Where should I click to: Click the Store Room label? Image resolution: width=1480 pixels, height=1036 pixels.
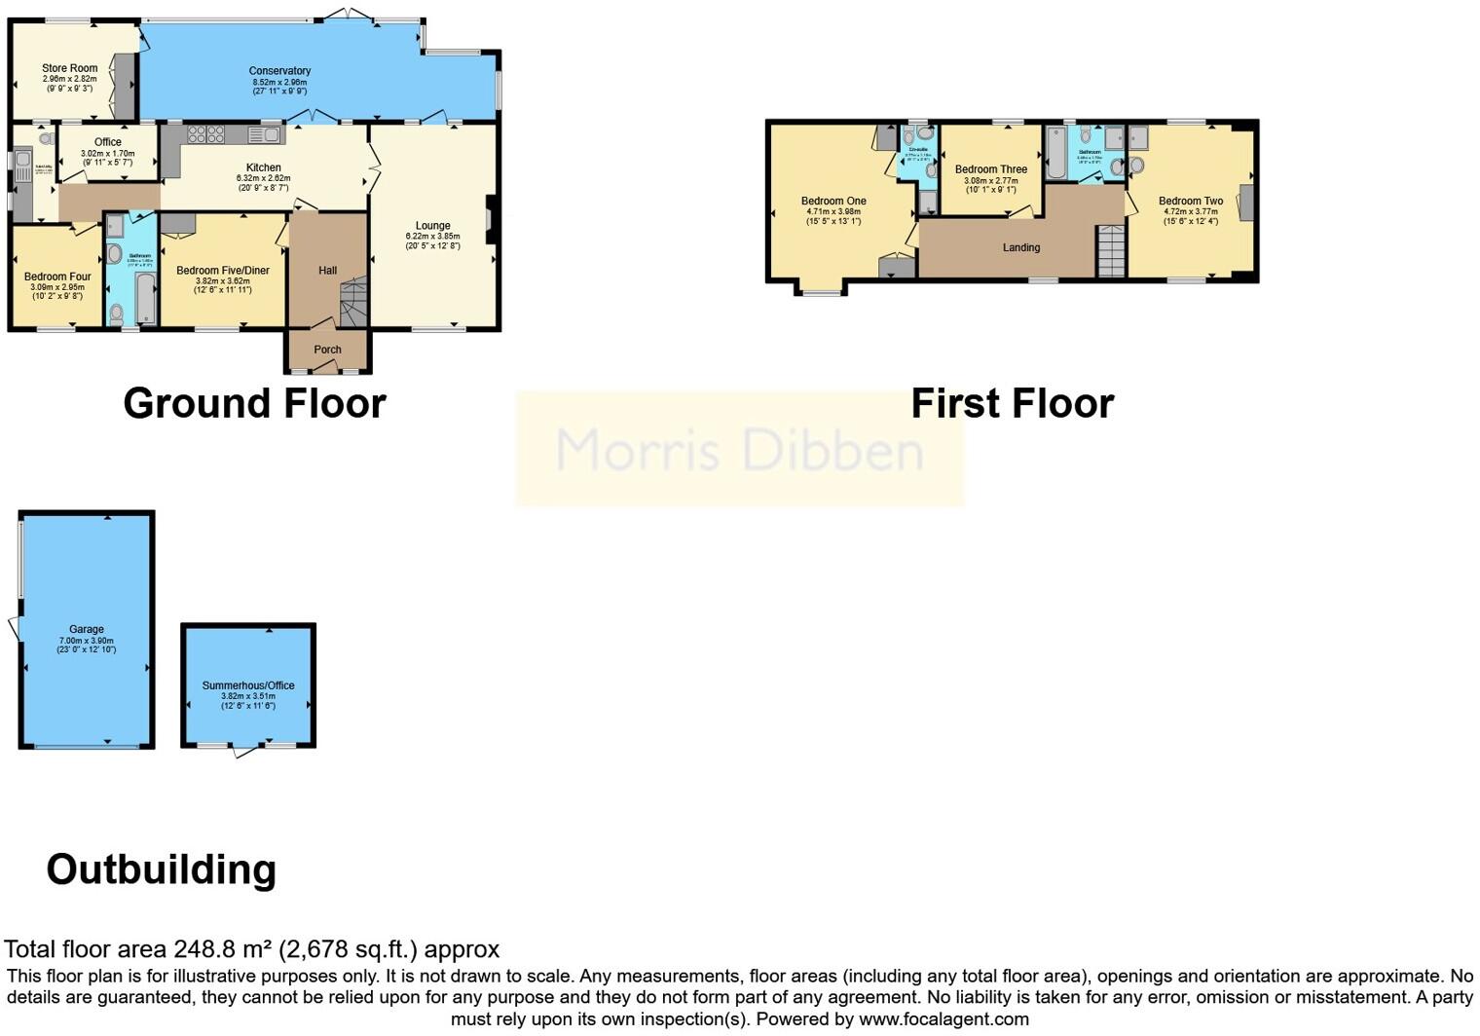coord(69,68)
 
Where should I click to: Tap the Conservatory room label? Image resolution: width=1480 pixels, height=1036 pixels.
coord(279,71)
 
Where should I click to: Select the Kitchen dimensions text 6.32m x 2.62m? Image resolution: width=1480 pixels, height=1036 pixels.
coord(263,178)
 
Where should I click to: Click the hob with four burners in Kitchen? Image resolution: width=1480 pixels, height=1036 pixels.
coord(205,134)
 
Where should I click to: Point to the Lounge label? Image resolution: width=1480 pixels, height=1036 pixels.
coord(432,226)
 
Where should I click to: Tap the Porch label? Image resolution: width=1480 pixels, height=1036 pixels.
coord(327,350)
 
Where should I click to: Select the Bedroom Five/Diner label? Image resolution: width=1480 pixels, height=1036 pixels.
coord(223,271)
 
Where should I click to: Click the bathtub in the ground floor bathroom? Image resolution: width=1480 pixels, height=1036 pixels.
coord(145,298)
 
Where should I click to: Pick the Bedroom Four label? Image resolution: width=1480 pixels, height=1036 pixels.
coord(57,277)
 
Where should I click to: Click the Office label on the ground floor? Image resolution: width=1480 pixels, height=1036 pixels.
coord(108,142)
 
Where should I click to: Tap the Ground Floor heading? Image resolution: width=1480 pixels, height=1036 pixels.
coord(254,403)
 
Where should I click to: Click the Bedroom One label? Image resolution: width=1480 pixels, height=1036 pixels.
coord(833,202)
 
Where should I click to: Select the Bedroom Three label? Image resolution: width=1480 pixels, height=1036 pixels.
coord(990,169)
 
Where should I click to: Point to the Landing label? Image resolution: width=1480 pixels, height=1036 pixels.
coord(1021,247)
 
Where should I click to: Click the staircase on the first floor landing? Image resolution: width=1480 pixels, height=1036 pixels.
coord(1111,251)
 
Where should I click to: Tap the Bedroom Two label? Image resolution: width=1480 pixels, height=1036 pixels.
coord(1190,202)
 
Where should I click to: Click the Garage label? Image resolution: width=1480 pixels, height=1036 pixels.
coord(87,630)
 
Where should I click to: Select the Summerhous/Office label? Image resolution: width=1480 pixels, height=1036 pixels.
coord(248,685)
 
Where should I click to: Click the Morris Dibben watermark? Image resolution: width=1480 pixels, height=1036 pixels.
coord(739,450)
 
